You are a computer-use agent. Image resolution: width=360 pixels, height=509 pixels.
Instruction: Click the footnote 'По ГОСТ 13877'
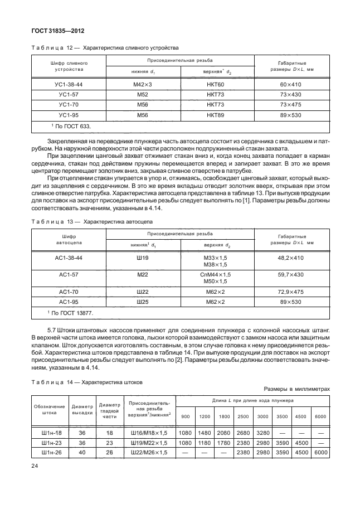71,313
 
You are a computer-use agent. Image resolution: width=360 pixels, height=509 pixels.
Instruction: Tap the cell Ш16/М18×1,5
149,433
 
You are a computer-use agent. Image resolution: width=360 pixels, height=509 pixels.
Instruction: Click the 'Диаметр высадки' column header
81,410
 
